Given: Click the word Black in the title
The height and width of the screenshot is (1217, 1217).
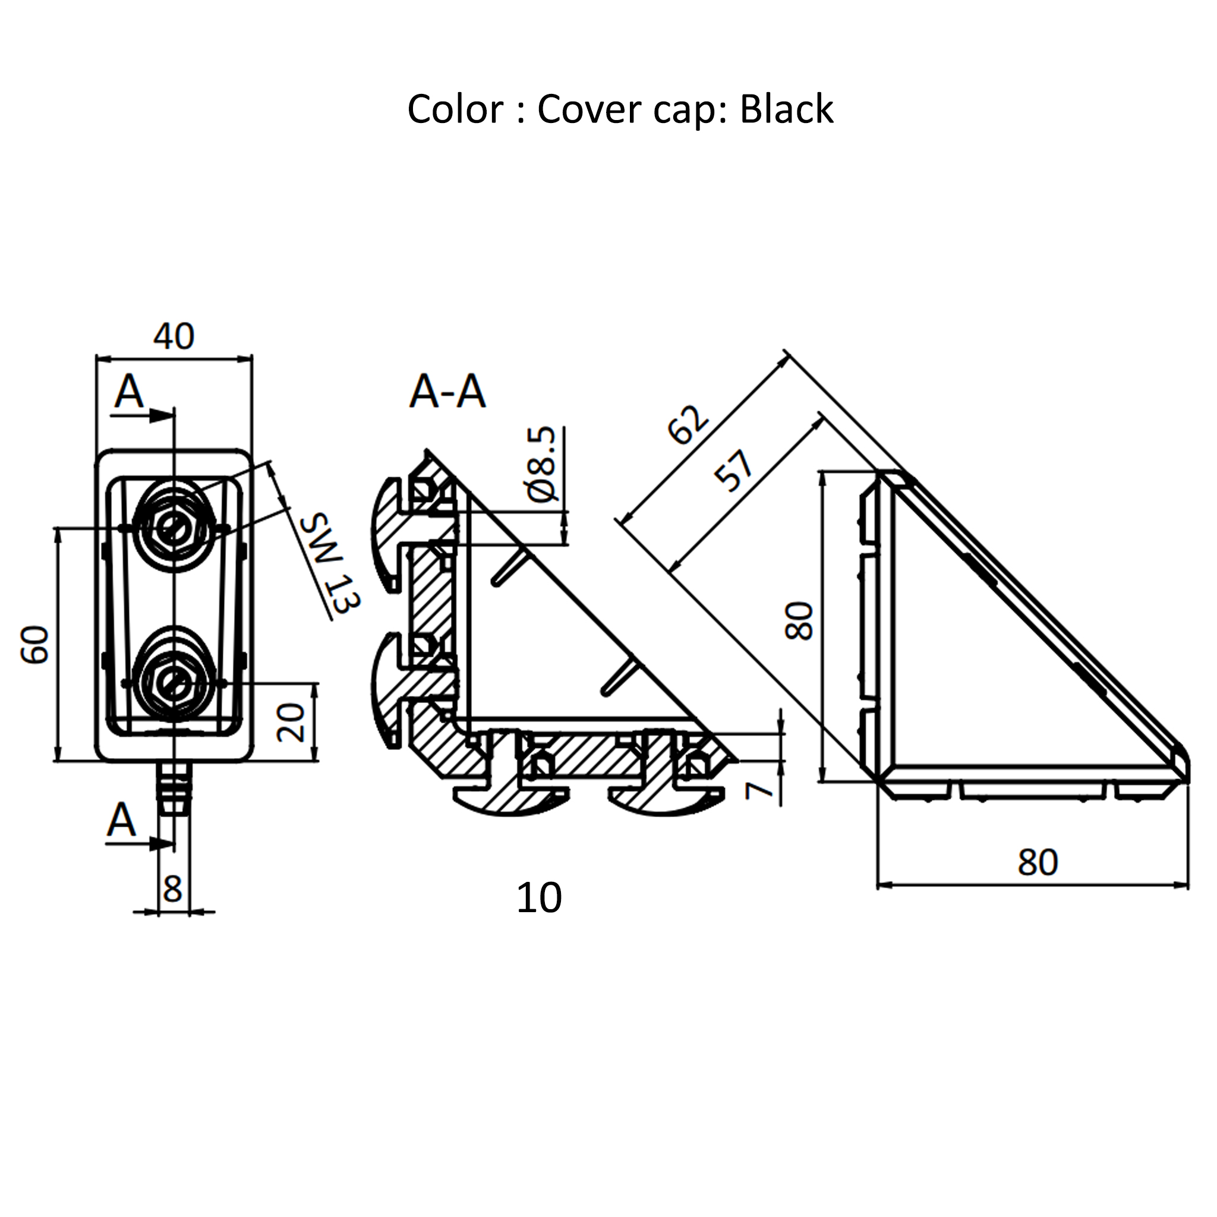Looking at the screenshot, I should [786, 109].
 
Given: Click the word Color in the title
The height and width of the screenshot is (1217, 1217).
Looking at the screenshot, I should [454, 109].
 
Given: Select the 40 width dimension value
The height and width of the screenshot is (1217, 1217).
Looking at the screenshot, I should [174, 336].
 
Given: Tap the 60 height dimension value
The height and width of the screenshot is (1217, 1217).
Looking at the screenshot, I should [36, 644].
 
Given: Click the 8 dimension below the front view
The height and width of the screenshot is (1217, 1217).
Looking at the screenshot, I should [172, 890].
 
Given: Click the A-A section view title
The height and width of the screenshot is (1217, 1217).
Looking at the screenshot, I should [447, 392].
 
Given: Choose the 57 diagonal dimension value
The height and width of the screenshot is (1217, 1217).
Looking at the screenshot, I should [734, 470].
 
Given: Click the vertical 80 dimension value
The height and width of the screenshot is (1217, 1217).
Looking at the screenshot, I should [800, 622].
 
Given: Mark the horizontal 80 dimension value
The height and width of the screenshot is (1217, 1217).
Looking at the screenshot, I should [1038, 862].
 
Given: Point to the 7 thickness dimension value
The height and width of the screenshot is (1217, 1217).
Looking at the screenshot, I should [759, 789].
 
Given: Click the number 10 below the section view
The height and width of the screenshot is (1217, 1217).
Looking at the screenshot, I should [538, 898].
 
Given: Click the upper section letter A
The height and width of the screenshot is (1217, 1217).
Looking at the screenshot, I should [129, 392].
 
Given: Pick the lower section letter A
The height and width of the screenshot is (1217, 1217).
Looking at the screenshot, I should [122, 821].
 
